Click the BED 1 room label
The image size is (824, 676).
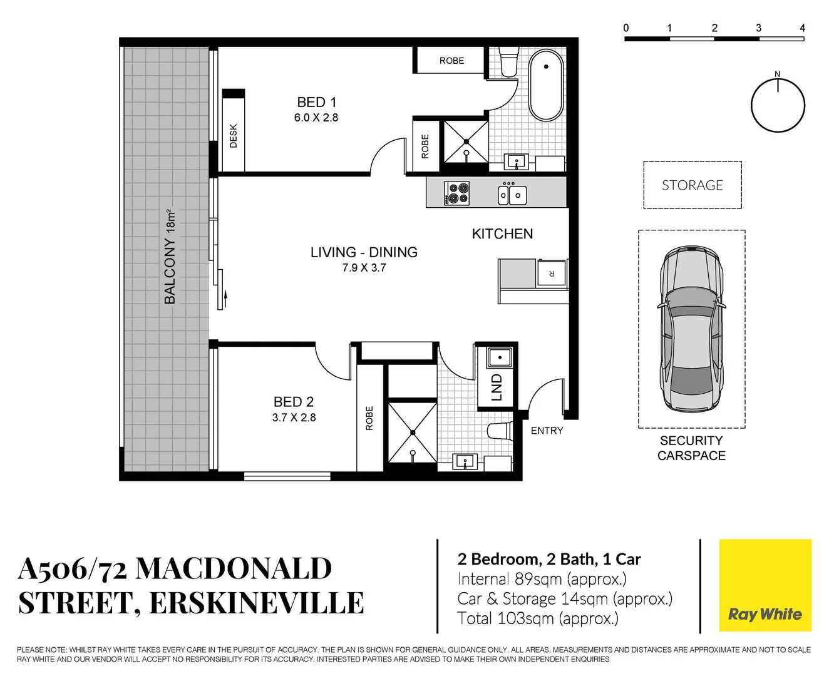point(316,102)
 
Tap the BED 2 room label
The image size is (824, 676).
point(294,402)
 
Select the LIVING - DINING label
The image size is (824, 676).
point(364,252)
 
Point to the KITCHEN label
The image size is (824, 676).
point(502,234)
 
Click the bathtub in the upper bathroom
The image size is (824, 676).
point(546,88)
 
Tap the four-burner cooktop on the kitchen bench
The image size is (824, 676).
point(456,193)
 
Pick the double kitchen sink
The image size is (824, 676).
point(512,194)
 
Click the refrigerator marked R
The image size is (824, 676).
point(552,274)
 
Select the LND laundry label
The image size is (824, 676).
point(497,387)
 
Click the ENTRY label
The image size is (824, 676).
point(547,431)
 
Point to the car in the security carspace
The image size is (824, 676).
point(691,329)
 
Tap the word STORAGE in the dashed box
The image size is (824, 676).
point(692,185)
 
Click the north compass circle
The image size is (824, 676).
point(778,105)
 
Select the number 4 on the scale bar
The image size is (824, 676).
point(803,28)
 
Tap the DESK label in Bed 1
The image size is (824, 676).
point(234,136)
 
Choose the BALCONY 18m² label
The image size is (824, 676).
point(170,257)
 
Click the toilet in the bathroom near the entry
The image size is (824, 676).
point(500,431)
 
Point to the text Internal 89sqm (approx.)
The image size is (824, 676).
point(542,579)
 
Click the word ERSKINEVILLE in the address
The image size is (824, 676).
point(257,603)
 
